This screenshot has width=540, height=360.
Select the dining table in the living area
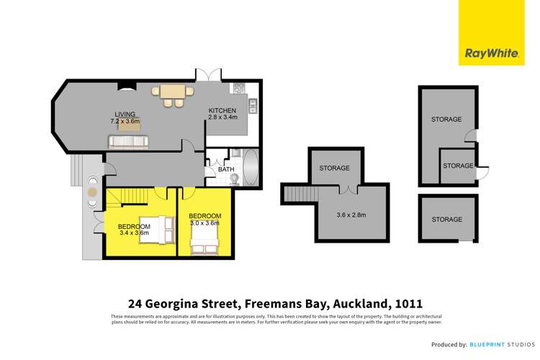click(x=171, y=92)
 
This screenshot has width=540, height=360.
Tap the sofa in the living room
click(x=128, y=142)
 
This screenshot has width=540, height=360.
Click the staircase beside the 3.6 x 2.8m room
click(x=295, y=193)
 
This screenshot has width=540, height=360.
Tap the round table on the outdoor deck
click(x=92, y=192)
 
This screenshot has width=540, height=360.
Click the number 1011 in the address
click(x=405, y=303)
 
